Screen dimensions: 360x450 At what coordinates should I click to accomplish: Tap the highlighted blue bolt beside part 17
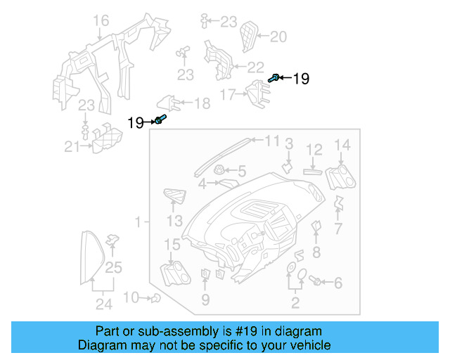pyautogui.click(x=274, y=79)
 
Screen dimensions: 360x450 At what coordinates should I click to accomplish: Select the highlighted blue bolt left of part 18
pyautogui.click(x=160, y=120)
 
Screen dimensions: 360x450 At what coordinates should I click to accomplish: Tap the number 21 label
pyautogui.click(x=72, y=147)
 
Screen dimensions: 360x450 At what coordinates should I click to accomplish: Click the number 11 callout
pyautogui.click(x=271, y=141)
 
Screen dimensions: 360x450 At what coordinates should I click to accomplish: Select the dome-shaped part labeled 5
pyautogui.click(x=219, y=170)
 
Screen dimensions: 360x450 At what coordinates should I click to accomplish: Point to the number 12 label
pyautogui.click(x=314, y=149)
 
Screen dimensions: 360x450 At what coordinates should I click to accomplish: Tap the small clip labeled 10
pyautogui.click(x=154, y=298)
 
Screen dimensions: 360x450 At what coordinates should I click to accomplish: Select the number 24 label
pyautogui.click(x=104, y=304)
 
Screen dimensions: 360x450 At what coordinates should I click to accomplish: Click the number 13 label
pyautogui.click(x=174, y=221)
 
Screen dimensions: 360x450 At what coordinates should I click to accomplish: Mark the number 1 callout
pyautogui.click(x=138, y=221)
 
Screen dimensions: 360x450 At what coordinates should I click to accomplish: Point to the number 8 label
pyautogui.click(x=316, y=252)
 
